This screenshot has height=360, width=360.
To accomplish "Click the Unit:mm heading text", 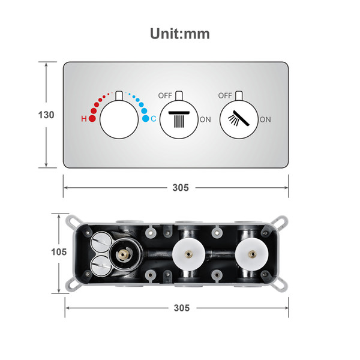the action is [x=180, y=34].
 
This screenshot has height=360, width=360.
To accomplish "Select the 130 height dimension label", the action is [x=46, y=115].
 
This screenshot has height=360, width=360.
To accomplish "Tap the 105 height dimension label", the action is [x=59, y=252].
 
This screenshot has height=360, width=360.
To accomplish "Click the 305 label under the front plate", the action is [x=181, y=188].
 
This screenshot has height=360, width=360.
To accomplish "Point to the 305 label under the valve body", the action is [x=182, y=308].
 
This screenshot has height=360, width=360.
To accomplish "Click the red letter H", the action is [x=84, y=119].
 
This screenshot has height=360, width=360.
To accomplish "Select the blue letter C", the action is [x=154, y=119].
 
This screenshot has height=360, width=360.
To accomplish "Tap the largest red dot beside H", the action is [x=92, y=118].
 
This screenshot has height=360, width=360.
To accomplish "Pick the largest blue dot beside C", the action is [x=146, y=118].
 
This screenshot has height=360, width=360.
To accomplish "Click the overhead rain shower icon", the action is [x=179, y=119].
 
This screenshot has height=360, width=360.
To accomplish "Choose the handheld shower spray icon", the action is [x=239, y=118].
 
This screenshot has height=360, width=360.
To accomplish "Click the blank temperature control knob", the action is [x=119, y=119].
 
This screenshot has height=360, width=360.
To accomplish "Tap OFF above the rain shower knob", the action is [x=165, y=95].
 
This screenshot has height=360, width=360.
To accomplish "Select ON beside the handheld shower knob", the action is [x=265, y=119].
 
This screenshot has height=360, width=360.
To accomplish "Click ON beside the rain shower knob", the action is [x=205, y=119].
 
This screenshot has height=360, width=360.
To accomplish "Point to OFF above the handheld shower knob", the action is [x=225, y=95].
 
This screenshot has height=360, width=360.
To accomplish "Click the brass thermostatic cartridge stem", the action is [x=122, y=254].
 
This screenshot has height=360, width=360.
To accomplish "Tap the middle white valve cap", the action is [x=188, y=254].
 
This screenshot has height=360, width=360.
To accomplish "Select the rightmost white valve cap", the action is [x=252, y=254].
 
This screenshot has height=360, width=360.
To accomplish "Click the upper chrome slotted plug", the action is [x=101, y=242].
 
